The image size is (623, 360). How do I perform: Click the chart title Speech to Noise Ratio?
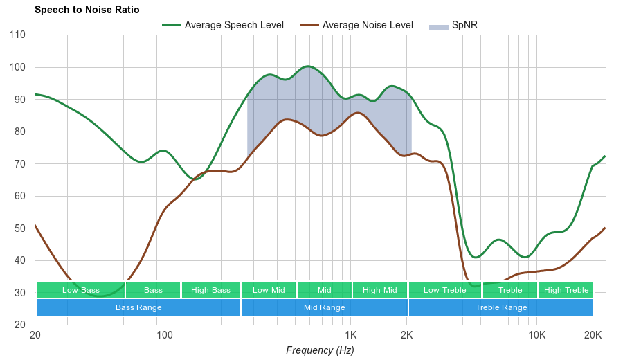point(87,10)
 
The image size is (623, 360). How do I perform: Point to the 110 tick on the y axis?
point(19,35)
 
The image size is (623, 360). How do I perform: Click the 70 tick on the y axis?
point(19,164)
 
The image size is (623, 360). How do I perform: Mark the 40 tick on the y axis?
point(19,260)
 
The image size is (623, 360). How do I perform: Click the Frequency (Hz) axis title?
point(320,350)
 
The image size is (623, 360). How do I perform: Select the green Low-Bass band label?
point(81,290)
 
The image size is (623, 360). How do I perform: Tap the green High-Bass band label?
point(210,290)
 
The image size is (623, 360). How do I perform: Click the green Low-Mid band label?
point(269,290)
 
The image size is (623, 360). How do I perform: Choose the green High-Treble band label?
point(566,290)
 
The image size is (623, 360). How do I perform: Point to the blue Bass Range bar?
point(138,307)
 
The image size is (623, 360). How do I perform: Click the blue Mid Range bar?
point(324,307)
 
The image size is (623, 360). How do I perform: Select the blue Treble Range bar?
point(501,307)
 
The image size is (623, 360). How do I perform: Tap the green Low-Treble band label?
point(444,290)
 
